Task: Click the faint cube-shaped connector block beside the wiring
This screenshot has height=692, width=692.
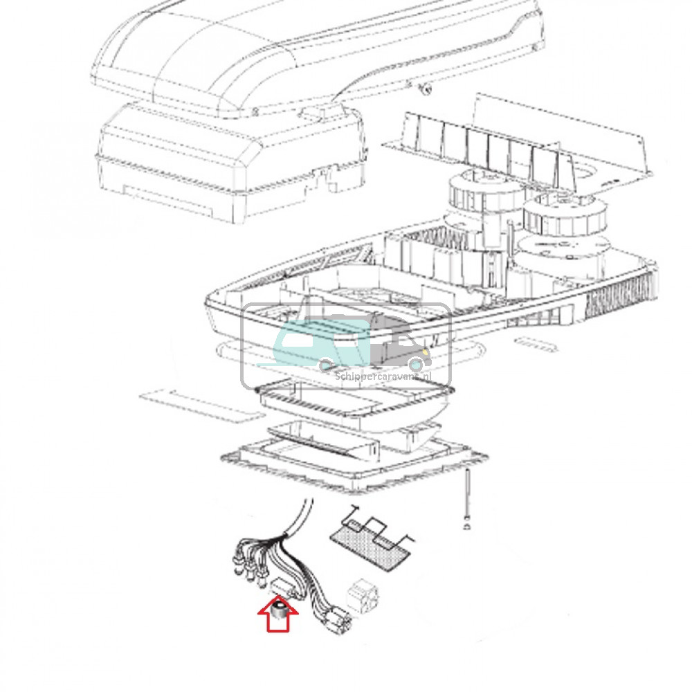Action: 363,594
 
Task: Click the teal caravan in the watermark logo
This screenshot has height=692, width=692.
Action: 315,343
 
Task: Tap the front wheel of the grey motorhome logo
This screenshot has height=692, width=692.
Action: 415,364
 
